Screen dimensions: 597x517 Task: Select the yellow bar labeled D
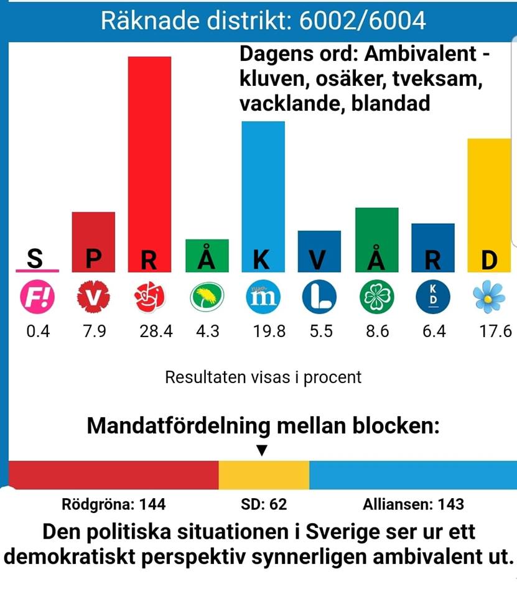489,199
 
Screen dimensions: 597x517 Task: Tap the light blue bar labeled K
263,187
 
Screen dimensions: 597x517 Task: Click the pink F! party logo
37,298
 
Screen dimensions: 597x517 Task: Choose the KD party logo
433,298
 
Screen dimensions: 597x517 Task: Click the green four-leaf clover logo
376,298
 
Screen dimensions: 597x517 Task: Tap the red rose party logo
149,298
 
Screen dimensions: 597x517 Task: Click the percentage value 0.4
37,331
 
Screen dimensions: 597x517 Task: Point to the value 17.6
494,331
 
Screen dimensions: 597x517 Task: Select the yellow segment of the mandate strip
264,475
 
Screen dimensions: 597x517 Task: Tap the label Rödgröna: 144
114,504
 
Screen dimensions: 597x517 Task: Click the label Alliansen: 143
413,504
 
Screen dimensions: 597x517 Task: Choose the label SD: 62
264,504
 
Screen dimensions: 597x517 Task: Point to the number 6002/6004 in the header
363,21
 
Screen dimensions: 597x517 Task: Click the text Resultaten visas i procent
263,377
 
